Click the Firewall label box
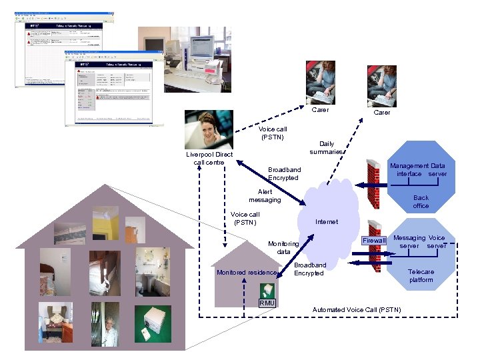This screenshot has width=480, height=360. [374, 240]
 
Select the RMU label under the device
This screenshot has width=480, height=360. [267, 303]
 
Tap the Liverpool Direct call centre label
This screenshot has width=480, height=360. [209, 158]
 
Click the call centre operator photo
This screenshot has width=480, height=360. [209, 129]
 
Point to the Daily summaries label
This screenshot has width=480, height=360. [327, 147]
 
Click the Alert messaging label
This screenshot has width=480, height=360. [265, 195]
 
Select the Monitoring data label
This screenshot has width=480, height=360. [283, 247]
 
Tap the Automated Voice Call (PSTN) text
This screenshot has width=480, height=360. [357, 309]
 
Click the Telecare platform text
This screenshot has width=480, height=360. [421, 275]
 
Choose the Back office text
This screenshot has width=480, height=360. [421, 201]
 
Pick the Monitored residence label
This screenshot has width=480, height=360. [247, 272]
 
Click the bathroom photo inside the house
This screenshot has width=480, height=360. [153, 271]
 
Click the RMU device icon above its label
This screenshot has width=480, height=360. [267, 290]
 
